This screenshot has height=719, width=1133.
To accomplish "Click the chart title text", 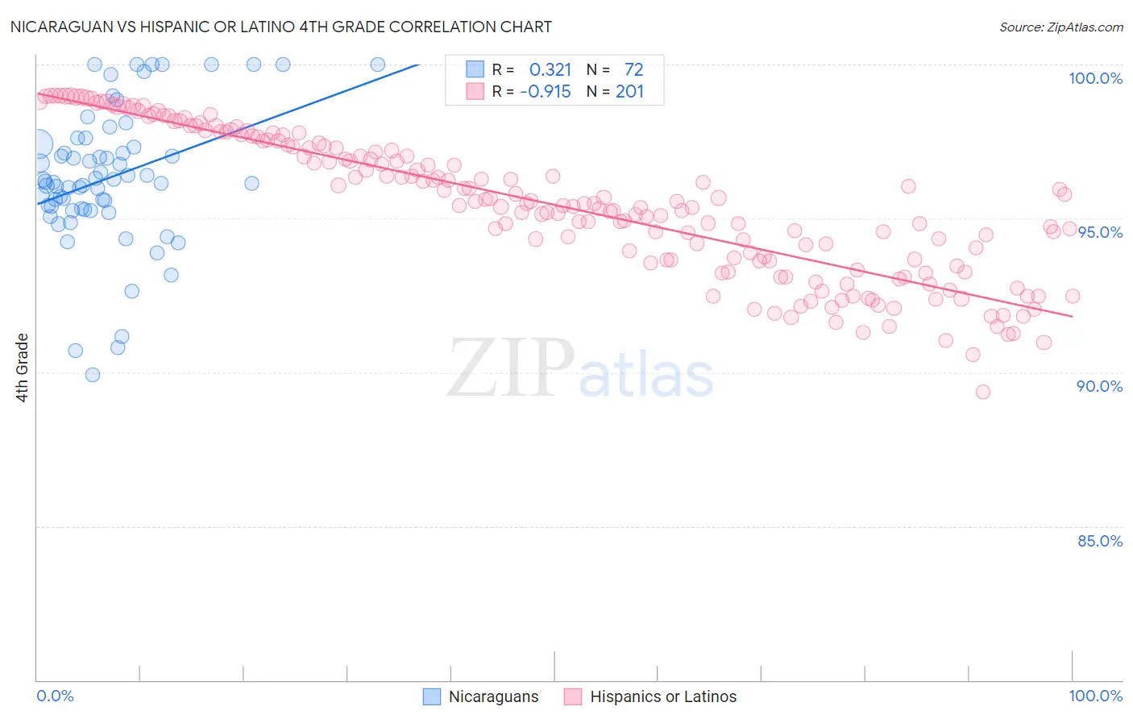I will coord(280,27).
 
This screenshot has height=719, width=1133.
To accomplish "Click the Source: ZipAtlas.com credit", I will coord(1060,27).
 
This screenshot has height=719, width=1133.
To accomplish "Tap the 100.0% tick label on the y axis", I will coord(1095,78).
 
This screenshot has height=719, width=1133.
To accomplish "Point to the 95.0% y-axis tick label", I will coord(1100,232).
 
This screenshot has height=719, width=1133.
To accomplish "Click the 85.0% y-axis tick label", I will coord(1100,541).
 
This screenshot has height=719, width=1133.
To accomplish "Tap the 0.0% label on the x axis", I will coord(55,696).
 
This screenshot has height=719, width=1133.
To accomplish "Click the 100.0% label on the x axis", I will coord(1095,696).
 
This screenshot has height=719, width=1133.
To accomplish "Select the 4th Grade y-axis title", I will coord(23,368).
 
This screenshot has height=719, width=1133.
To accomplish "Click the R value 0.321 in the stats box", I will coord(550,70).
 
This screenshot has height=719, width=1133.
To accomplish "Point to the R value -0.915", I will coord(546,92).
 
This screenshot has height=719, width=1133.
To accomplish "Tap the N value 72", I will coord(633,70).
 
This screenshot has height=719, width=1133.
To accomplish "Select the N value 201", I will coord(629,92).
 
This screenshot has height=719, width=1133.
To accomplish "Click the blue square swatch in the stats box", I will coord(475,69).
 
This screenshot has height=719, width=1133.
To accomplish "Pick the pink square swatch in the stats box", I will coord(475,91).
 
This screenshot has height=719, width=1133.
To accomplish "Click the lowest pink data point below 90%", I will coord(982,392).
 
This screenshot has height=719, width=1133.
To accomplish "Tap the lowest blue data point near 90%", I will coord(93,375).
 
